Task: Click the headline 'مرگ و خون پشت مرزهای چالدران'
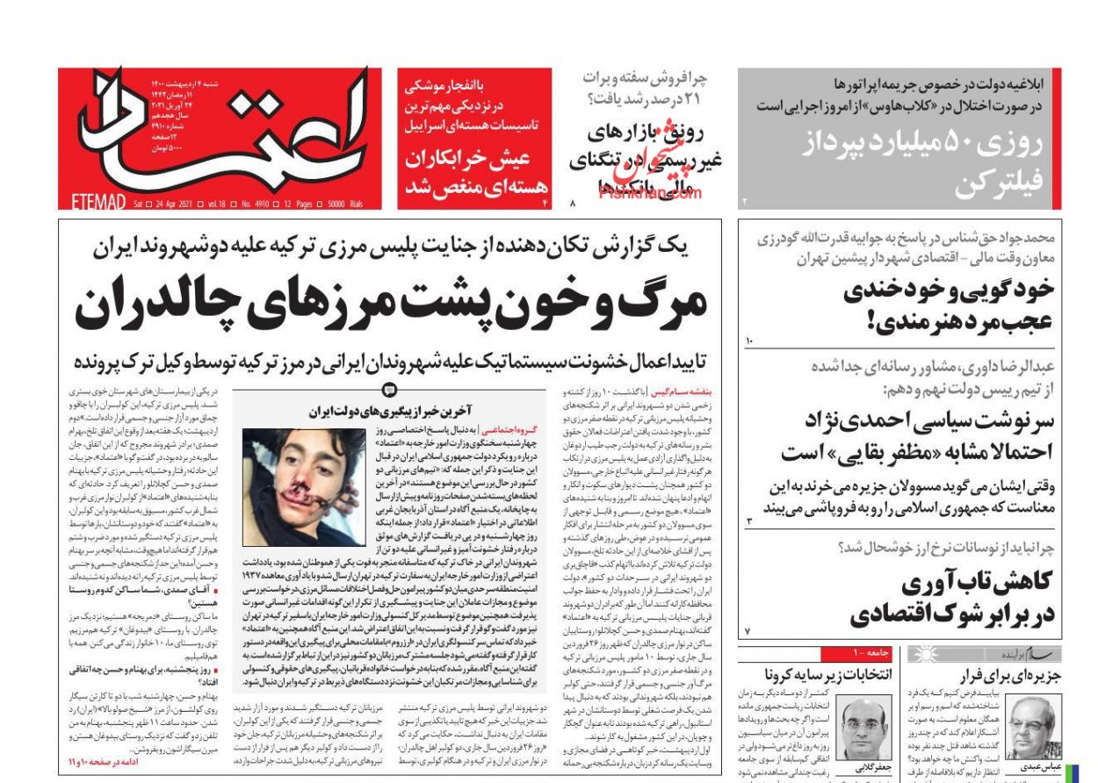click(x=390, y=304)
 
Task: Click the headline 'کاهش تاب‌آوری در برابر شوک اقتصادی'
click(x=952, y=598)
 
